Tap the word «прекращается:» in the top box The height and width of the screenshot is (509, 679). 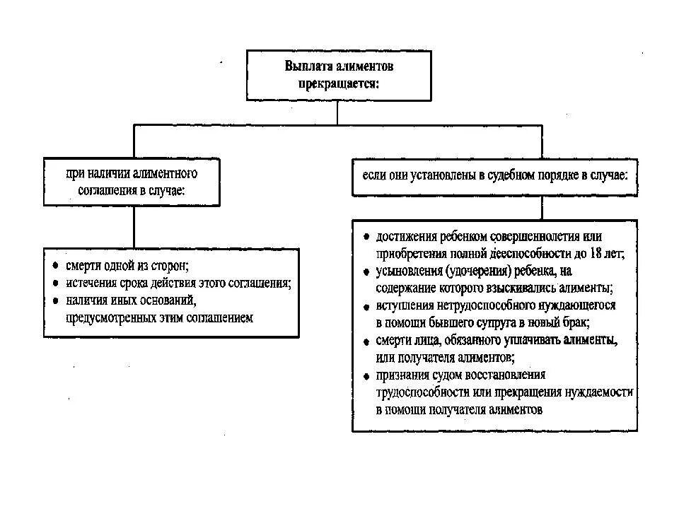click(337, 82)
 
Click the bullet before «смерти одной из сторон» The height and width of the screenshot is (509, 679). click(55, 267)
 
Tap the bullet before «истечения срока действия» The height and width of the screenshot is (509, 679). click(55, 283)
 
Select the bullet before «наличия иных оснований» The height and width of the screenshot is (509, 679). click(55, 300)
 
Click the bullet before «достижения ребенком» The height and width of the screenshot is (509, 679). click(366, 237)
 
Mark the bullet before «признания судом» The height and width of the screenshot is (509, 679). click(366, 375)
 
